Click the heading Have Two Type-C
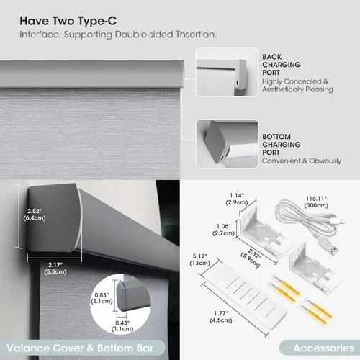click(x=68, y=21)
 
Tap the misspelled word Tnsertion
click(x=196, y=35)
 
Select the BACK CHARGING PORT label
click(x=282, y=65)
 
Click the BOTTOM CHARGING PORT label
click(x=282, y=145)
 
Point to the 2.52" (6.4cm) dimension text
click(x=35, y=215)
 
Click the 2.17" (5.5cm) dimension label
click(x=55, y=269)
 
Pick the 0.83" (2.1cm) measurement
click(x=102, y=298)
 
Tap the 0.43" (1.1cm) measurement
click(x=122, y=326)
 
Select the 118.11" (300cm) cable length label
click(x=316, y=202)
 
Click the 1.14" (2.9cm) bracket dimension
click(x=237, y=199)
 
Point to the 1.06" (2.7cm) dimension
click(x=223, y=230)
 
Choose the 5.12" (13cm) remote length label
click(x=200, y=260)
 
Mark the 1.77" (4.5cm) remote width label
click(x=221, y=317)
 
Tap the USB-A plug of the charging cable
click(x=330, y=249)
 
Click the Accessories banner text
click(x=323, y=348)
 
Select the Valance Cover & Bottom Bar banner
click(x=80, y=348)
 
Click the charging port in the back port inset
click(x=237, y=83)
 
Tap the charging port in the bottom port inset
click(x=222, y=158)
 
